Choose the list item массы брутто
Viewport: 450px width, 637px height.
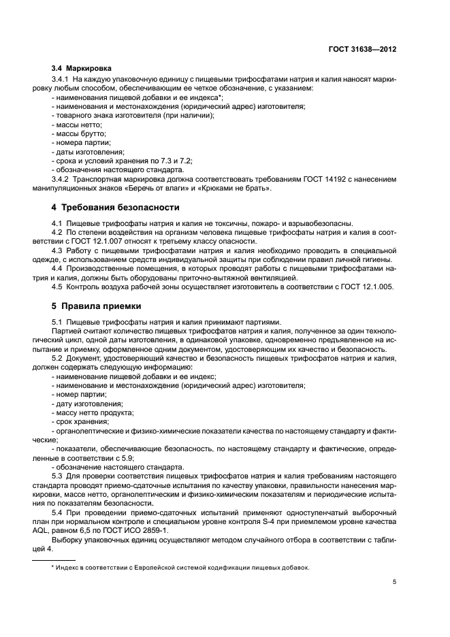(x=78, y=135)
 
